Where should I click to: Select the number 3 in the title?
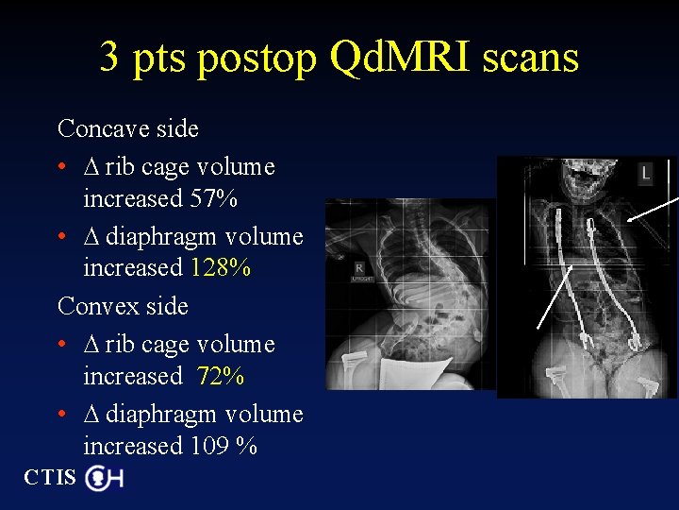pos(109,59)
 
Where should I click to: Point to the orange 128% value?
pos(221,268)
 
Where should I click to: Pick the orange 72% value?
pos(221,377)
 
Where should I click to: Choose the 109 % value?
pos(224,446)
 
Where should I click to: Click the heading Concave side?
pos(127,128)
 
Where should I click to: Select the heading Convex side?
pos(123,307)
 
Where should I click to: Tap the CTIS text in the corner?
pos(49,478)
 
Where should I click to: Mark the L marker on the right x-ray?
pos(645,173)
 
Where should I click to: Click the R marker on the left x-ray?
pos(359,268)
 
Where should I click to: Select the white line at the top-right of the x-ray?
pos(653,211)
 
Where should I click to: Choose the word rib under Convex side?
pos(119,346)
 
